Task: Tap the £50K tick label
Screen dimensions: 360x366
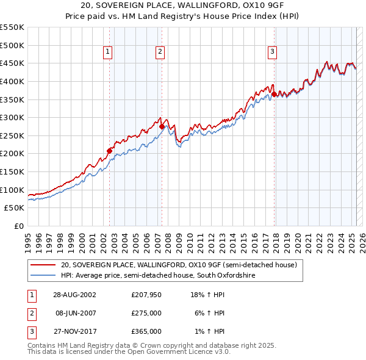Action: tap(15, 207)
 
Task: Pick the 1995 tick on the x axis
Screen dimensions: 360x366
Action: tap(28, 239)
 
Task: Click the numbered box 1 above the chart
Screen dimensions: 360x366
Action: tap(107, 52)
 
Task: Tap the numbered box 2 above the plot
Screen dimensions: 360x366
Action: tap(160, 52)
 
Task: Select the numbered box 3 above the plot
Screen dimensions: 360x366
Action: tap(272, 52)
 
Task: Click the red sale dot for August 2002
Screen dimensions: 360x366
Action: tap(110, 151)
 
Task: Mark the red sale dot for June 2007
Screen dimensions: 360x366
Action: tap(162, 126)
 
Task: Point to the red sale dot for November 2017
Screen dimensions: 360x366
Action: tap(274, 94)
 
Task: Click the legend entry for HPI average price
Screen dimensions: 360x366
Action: tap(157, 276)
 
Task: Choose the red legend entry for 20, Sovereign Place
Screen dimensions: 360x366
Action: tap(178, 265)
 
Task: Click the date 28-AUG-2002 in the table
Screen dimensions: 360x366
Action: tap(76, 295)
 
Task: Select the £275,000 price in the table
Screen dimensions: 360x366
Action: tap(146, 313)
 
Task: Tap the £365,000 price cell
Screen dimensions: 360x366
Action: tap(146, 331)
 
